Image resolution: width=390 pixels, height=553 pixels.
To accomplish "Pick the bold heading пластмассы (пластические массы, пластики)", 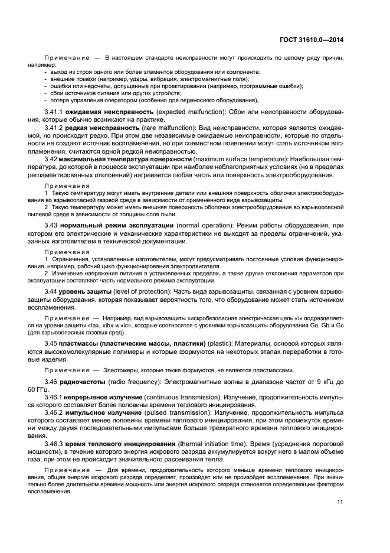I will click(x=126, y=343).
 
